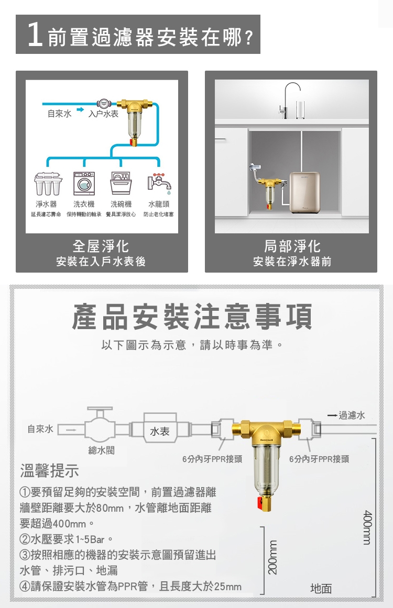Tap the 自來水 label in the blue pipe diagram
[59, 114]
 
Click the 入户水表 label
[103, 114]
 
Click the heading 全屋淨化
[101, 246]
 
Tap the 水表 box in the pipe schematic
[159, 431]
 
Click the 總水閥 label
[101, 450]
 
